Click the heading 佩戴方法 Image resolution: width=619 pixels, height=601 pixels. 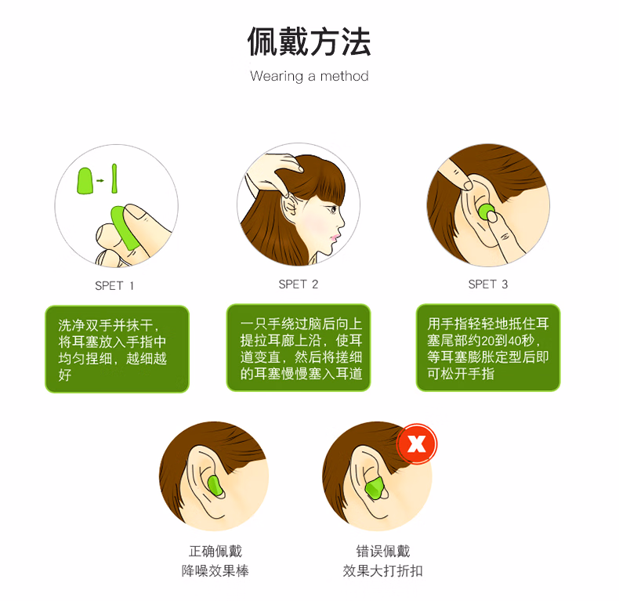click(309, 42)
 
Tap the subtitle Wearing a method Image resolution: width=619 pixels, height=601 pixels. click(309, 76)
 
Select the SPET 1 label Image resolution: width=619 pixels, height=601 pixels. click(114, 285)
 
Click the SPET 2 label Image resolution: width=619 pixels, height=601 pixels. click(298, 284)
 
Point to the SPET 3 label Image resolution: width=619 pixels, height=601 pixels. click(488, 284)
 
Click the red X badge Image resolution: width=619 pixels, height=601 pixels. click(417, 444)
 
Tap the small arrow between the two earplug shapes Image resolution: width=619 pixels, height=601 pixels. click(100, 180)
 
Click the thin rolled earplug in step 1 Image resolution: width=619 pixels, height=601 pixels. click(114, 179)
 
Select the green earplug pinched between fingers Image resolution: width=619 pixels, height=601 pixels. click(124, 228)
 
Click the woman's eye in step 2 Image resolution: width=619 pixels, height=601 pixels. click(334, 209)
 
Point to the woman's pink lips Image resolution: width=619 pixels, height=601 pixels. click(335, 237)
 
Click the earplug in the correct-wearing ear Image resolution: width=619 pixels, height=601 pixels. click(215, 487)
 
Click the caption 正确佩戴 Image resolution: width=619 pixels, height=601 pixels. click(215, 551)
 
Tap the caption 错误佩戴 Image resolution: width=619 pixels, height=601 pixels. click(383, 551)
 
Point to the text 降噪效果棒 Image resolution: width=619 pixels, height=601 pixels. click(215, 570)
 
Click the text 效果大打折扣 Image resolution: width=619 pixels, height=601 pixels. click(383, 570)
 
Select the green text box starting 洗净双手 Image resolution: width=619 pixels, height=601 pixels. click(118, 349)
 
